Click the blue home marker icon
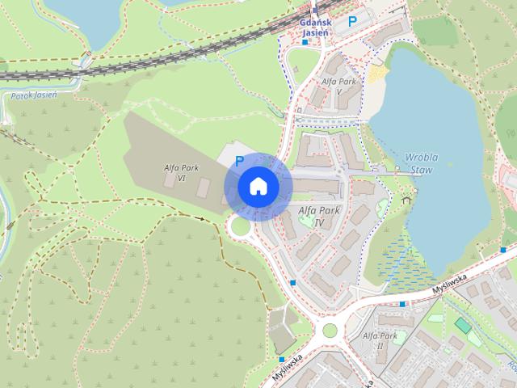pos(258,186)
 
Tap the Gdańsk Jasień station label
pos(314,27)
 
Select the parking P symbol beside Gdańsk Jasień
pos(351,23)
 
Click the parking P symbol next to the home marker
pos(239,161)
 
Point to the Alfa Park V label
pos(337,86)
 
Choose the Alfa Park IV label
pos(319,216)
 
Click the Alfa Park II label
pos(379,339)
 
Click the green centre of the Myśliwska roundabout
pos(329,330)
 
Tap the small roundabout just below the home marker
pos(240,229)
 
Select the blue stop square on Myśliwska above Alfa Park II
pos(401,304)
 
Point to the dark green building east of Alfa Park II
pos(462,325)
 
